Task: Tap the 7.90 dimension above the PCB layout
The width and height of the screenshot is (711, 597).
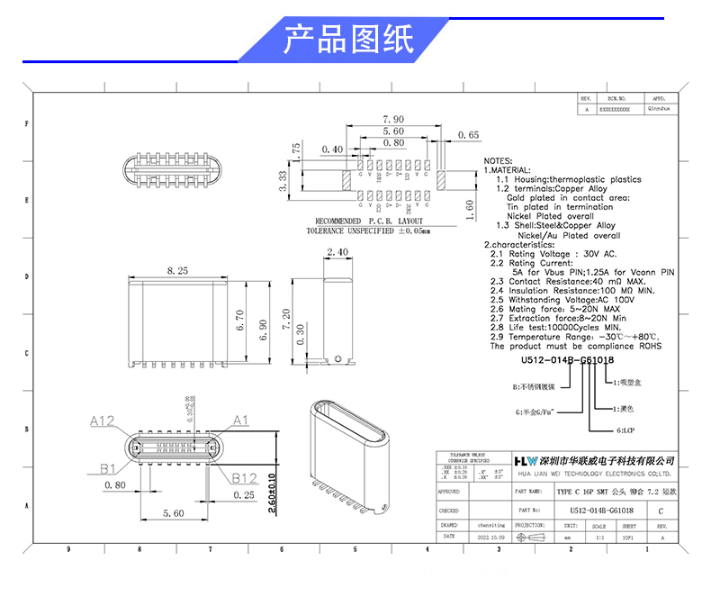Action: [393, 119]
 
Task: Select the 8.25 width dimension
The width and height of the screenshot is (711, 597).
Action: [176, 269]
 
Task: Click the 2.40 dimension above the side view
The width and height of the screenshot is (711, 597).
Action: [338, 252]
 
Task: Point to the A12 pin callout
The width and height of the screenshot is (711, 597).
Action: [103, 421]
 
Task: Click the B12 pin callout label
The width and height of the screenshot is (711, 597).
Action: [246, 477]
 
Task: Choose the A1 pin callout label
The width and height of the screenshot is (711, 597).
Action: [240, 421]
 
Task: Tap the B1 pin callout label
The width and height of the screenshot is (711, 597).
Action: [108, 468]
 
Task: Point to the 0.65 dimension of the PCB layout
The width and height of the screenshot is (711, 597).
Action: [469, 135]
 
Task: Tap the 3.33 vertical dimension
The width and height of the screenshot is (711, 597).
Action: [283, 183]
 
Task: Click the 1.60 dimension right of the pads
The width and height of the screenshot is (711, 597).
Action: [470, 204]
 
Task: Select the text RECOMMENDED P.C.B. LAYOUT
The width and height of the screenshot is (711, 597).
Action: [369, 221]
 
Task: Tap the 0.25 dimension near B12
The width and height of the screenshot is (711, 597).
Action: [243, 494]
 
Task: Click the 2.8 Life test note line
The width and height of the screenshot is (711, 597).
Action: [548, 328]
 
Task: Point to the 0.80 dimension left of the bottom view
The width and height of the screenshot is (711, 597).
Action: [114, 485]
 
